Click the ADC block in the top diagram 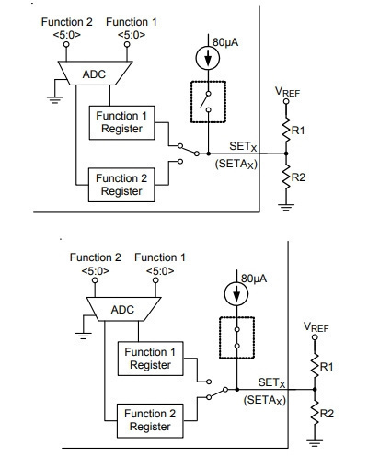pyautogui.click(x=95, y=74)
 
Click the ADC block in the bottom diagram pyautogui.click(x=123, y=309)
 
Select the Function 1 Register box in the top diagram pyautogui.click(x=121, y=122)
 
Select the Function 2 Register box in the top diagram pyautogui.click(x=121, y=185)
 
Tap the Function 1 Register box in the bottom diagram pyautogui.click(x=151, y=359)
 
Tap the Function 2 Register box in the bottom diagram pyautogui.click(x=150, y=420)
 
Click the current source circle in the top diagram pyautogui.click(x=208, y=58)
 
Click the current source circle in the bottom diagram pyautogui.click(x=236, y=293)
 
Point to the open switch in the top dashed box pyautogui.click(x=206, y=101)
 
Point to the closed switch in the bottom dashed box pyautogui.click(x=236, y=337)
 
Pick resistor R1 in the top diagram pyautogui.click(x=286, y=130)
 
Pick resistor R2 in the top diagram pyautogui.click(x=286, y=177)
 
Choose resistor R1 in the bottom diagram pyautogui.click(x=315, y=366)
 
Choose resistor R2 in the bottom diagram pyautogui.click(x=315, y=413)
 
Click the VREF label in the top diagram pyautogui.click(x=287, y=92)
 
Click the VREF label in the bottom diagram pyautogui.click(x=316, y=327)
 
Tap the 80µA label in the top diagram pyautogui.click(x=225, y=42)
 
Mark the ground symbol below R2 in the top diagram pyautogui.click(x=286, y=207)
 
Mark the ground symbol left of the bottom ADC pyautogui.click(x=84, y=336)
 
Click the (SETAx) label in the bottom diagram pyautogui.click(x=265, y=400)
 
